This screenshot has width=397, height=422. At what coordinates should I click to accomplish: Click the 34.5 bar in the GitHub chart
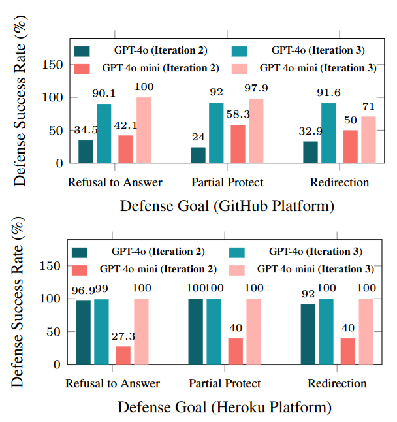click(86, 152)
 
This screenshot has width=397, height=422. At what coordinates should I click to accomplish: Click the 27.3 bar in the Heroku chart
click(123, 355)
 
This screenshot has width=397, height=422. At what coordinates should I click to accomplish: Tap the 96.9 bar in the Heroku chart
click(84, 333)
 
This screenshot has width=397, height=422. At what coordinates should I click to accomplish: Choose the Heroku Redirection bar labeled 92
click(308, 334)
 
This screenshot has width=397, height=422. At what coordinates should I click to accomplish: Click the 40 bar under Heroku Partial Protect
click(236, 351)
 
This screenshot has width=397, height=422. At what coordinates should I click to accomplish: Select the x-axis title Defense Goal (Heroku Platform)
click(224, 407)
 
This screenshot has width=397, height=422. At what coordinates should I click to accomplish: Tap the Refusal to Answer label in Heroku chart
click(112, 383)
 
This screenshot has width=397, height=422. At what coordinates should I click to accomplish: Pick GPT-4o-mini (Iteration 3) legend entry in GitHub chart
click(317, 67)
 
